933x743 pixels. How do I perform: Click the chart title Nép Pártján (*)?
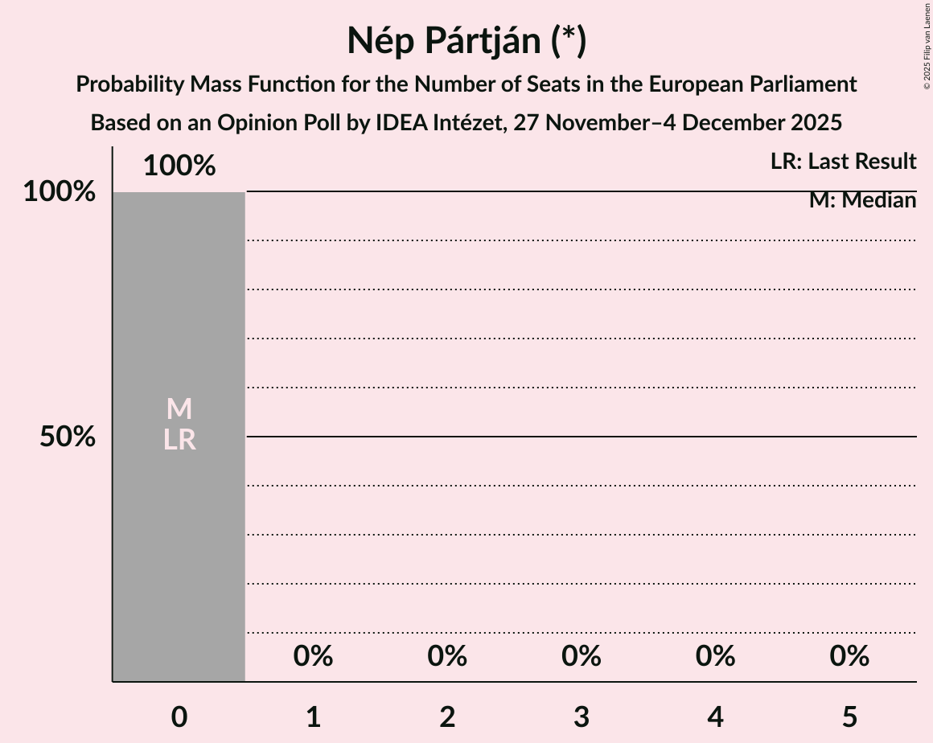tap(466, 40)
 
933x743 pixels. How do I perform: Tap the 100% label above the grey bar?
tap(179, 166)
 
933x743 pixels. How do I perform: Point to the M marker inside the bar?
tap(179, 409)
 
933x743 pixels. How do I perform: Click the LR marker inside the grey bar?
tap(179, 440)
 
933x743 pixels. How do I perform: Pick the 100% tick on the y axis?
tap(59, 192)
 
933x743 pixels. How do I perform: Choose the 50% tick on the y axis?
tap(68, 437)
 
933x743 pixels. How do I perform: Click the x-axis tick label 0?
tap(179, 716)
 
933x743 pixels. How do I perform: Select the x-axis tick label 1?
tap(313, 716)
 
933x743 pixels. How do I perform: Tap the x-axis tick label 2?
tap(447, 716)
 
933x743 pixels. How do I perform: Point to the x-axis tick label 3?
tap(582, 716)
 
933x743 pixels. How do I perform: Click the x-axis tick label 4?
tap(715, 716)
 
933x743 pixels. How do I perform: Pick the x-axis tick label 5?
tap(849, 716)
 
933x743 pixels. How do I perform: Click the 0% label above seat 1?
tap(313, 657)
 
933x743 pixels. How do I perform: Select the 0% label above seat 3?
tap(582, 657)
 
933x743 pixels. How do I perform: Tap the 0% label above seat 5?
tap(849, 657)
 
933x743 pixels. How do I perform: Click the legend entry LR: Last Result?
tap(843, 162)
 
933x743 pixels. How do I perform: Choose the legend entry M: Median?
tap(862, 200)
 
